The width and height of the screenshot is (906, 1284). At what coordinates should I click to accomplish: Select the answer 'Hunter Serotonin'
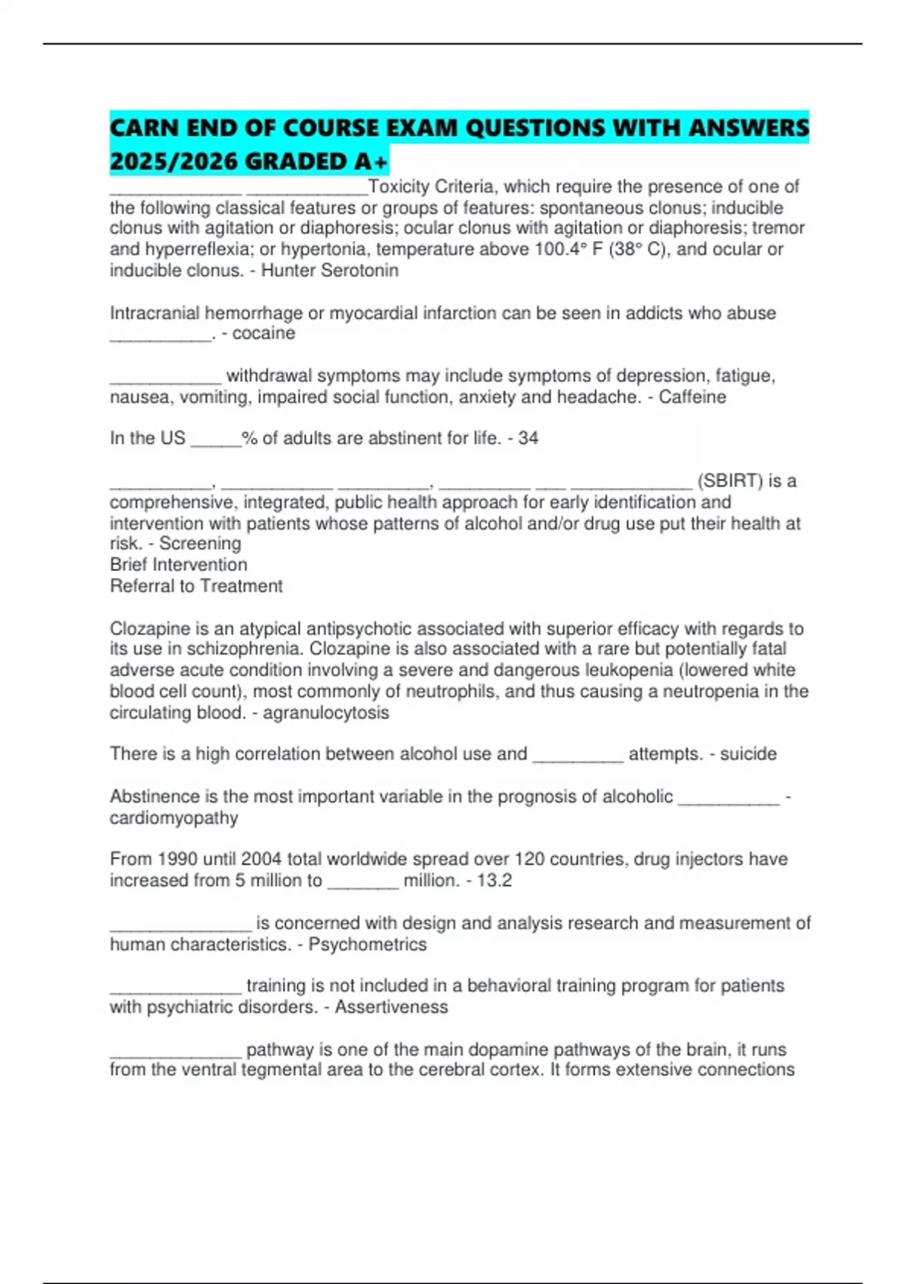329,270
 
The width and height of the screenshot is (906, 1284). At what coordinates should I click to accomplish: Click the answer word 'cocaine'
263,333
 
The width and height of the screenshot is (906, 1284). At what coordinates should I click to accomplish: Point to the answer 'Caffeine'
692,397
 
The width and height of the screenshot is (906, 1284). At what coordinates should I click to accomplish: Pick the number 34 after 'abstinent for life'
528,438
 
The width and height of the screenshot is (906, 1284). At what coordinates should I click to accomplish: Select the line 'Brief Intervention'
178,565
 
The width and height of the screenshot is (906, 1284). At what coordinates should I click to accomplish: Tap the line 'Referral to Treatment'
196,586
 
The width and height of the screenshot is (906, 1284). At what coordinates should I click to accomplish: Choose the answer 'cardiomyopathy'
174,818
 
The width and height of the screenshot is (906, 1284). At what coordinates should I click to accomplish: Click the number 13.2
495,880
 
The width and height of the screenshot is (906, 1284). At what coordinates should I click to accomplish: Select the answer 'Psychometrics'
367,944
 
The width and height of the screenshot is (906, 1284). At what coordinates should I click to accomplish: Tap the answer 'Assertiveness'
391,1007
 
